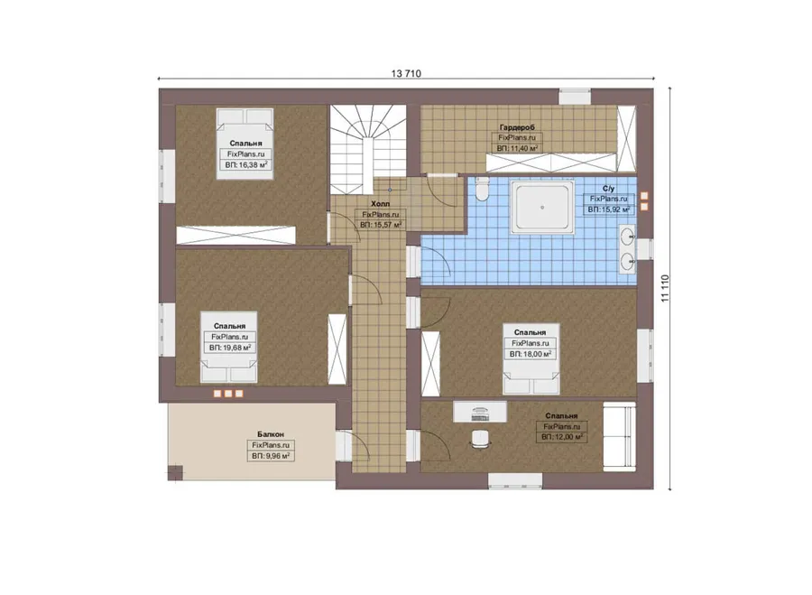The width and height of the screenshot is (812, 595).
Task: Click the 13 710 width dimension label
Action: click(x=406, y=74)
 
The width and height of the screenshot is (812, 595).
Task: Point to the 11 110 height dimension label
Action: click(x=666, y=288)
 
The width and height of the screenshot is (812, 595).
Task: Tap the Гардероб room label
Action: click(x=517, y=127)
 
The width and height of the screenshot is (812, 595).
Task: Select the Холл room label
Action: click(x=381, y=204)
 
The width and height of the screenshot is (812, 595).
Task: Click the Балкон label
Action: click(x=271, y=434)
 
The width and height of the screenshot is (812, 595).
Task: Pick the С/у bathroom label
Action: click(x=608, y=189)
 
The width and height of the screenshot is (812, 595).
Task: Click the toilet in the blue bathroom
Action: click(x=482, y=189)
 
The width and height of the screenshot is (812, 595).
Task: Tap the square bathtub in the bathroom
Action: click(x=542, y=208)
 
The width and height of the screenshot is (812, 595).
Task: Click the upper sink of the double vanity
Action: click(x=629, y=237)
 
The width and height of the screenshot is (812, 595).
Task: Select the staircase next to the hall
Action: click(x=368, y=149)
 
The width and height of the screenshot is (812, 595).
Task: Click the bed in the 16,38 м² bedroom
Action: click(x=245, y=144)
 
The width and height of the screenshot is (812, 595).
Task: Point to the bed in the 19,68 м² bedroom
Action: click(x=228, y=347)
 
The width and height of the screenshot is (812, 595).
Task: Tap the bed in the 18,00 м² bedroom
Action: click(x=531, y=358)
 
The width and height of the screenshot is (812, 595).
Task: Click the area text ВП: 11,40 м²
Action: click(x=517, y=148)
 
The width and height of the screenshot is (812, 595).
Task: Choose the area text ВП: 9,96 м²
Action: click(x=271, y=456)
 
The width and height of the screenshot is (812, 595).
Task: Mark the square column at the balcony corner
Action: click(x=176, y=473)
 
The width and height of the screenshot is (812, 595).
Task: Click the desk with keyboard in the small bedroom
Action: click(x=480, y=411)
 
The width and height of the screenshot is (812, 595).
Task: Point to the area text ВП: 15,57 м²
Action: click(x=381, y=226)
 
